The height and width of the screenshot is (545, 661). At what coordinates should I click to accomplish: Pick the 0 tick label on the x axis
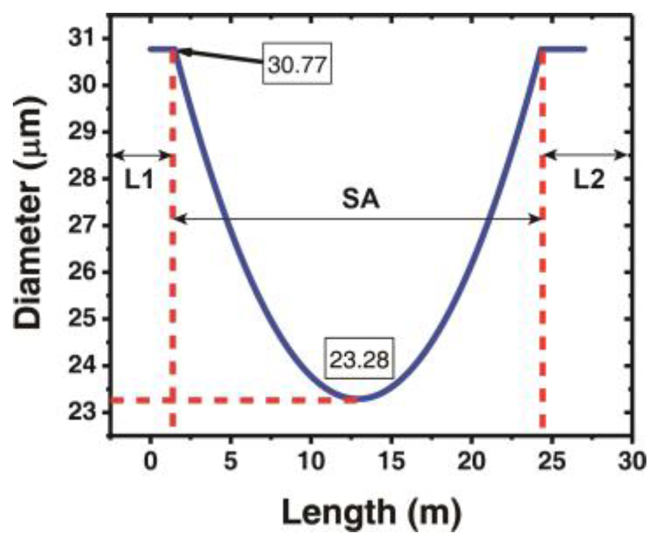[150, 461]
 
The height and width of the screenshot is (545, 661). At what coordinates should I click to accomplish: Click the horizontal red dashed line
[233, 400]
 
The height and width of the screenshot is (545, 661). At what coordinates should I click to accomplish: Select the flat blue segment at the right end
[564, 49]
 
